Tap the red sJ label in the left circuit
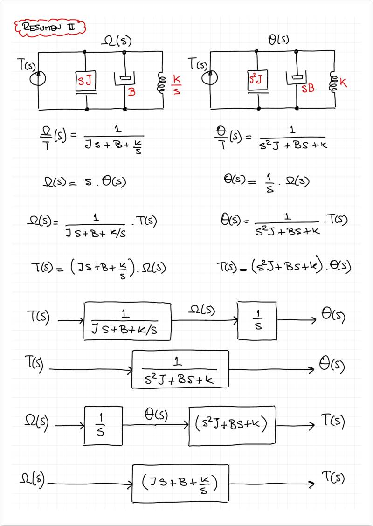86,83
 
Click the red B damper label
132,92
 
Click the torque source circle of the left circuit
38,78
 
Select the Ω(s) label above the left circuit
116,42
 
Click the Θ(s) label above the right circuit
279,40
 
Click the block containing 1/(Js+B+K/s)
128,321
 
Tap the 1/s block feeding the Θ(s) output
257,321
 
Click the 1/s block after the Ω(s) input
103,426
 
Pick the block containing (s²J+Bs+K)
232,426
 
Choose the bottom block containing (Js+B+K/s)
180,483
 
